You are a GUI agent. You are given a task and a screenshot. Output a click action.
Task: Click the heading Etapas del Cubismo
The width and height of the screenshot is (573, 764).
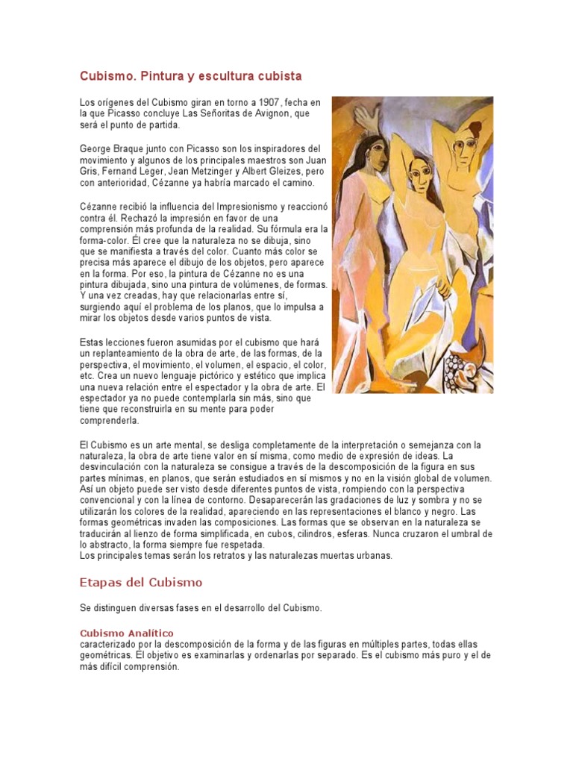click(x=140, y=582)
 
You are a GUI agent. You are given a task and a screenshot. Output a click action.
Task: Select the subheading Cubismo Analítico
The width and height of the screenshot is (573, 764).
click(x=126, y=633)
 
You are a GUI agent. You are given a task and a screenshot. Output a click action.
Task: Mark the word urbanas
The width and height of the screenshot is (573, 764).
click(x=369, y=556)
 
